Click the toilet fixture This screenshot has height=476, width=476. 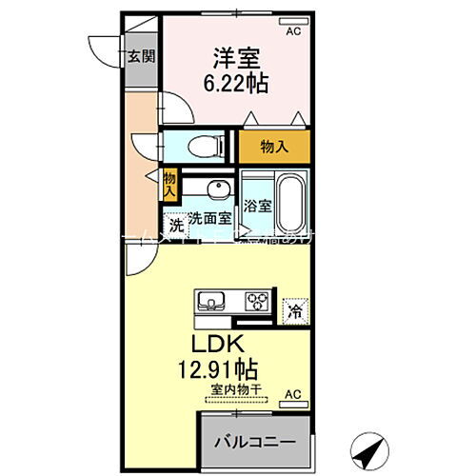pos(201,145)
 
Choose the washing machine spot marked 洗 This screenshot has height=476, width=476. pos(175,226)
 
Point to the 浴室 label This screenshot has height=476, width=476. pos(257,205)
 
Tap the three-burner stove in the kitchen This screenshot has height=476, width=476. pos(257,302)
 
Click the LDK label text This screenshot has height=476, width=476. pos(223,342)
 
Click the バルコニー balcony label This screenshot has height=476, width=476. pos(253,443)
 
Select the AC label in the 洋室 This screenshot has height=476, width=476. pos(293,30)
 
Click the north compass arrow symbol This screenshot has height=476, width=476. pos(371,446)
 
